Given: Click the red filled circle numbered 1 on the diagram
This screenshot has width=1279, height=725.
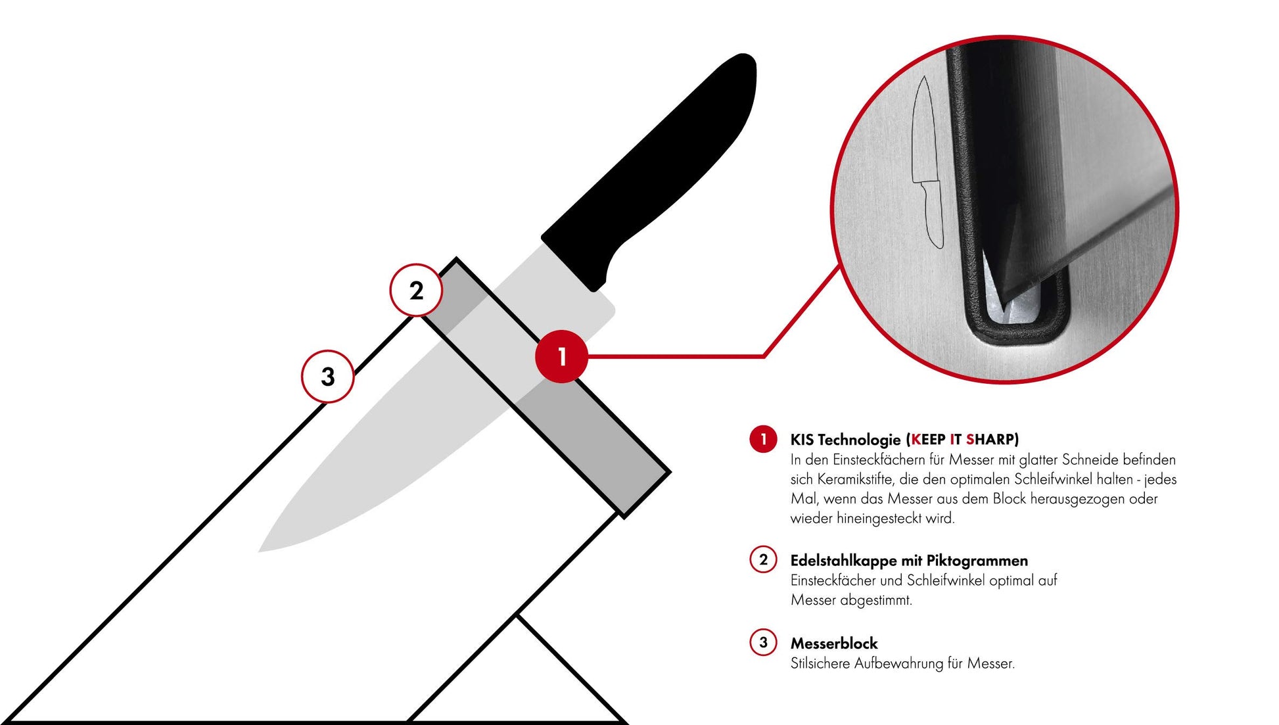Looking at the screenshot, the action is (561, 356).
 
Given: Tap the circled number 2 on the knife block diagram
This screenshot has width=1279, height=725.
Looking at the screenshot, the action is (416, 290).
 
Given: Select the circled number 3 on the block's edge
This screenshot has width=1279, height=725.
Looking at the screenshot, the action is (327, 377).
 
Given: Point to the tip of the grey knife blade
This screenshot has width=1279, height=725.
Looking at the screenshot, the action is (260, 551).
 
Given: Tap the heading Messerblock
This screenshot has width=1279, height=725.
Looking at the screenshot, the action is (834, 643).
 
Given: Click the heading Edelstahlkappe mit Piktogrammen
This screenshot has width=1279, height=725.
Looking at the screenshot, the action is (909, 561).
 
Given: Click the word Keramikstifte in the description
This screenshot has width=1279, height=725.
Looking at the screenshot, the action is (854, 479).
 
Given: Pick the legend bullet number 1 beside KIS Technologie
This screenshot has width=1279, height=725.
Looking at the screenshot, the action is (763, 439).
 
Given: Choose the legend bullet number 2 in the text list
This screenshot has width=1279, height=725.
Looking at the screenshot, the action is (763, 560).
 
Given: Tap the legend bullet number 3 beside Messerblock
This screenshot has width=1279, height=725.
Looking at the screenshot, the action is (763, 642).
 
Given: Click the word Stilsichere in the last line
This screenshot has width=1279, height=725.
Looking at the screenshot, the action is (820, 664).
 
